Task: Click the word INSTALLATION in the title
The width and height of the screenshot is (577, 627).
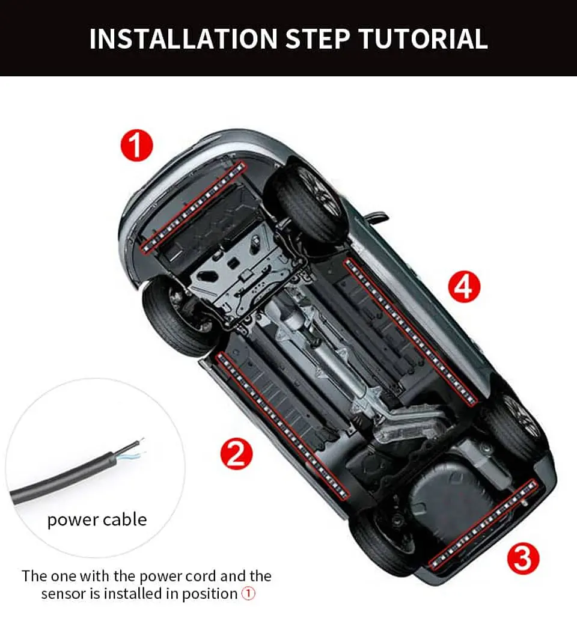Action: [x=183, y=39]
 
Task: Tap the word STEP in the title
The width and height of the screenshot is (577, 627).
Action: [x=318, y=39]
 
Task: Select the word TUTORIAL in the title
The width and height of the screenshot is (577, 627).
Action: [x=424, y=39]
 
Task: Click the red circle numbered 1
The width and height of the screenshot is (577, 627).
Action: [x=137, y=145]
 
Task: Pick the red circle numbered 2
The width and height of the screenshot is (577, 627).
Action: [x=237, y=453]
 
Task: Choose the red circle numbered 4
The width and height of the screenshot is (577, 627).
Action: [x=464, y=286]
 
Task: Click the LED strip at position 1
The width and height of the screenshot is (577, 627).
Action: [x=193, y=207]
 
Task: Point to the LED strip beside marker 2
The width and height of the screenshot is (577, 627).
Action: [x=282, y=425]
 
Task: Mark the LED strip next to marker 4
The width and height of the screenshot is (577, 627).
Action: [x=411, y=332]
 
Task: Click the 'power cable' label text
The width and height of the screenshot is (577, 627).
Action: [x=97, y=520]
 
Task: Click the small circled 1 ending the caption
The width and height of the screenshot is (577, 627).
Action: [x=248, y=594]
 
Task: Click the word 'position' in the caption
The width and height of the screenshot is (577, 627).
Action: [x=210, y=594]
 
